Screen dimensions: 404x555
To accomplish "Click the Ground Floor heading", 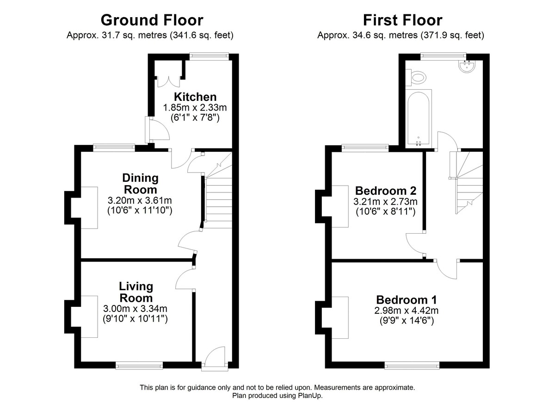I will tap(151, 20).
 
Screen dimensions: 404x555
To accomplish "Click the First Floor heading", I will tap(402, 20).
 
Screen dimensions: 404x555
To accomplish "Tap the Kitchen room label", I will tap(195, 97).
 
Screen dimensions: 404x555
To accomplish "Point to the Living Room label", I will tap(136, 292).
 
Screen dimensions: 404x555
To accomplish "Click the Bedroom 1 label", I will tap(406, 299).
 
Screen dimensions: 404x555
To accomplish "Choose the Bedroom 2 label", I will tap(386, 191).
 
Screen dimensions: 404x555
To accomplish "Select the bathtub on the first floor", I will tap(418, 118).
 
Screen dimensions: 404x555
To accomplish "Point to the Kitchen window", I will tap(209, 56).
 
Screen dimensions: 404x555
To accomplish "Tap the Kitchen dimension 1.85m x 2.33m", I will tap(195, 108).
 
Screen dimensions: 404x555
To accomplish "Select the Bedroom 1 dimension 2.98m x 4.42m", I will tap(406, 310).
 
